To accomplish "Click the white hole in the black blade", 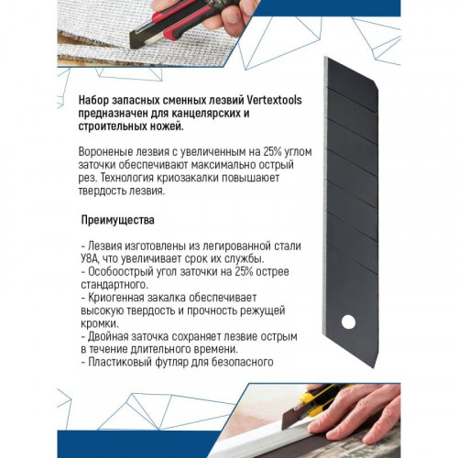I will tap(349, 322).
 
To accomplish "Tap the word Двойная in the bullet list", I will tap(105, 337).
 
